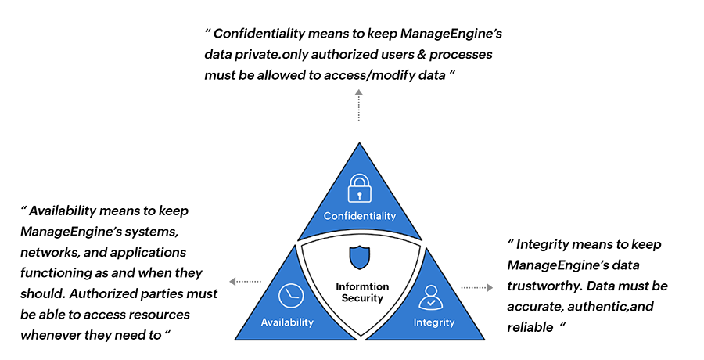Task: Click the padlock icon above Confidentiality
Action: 359,186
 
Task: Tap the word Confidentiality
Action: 360,216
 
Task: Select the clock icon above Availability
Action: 289,296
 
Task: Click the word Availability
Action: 287,322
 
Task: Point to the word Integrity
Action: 433,322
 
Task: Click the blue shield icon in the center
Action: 360,257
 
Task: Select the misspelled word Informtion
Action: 361,286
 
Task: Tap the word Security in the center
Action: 361,298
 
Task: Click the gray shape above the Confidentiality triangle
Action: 358,110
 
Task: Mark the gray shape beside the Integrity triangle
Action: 477,274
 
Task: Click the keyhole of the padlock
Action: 359,192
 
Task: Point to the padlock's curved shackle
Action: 359,176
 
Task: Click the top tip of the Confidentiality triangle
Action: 359,146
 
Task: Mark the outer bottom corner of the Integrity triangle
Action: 483,338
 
